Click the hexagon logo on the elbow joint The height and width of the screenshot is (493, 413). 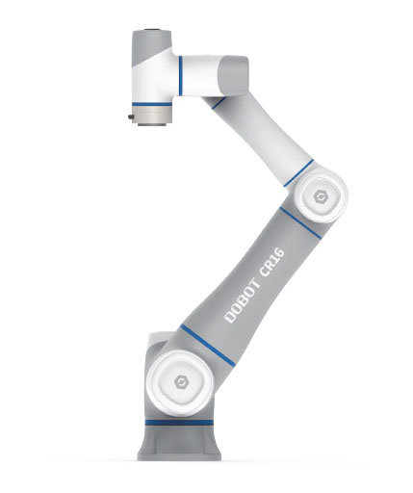319,201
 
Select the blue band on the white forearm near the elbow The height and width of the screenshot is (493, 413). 301,174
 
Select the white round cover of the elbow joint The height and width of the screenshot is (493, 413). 319,201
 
